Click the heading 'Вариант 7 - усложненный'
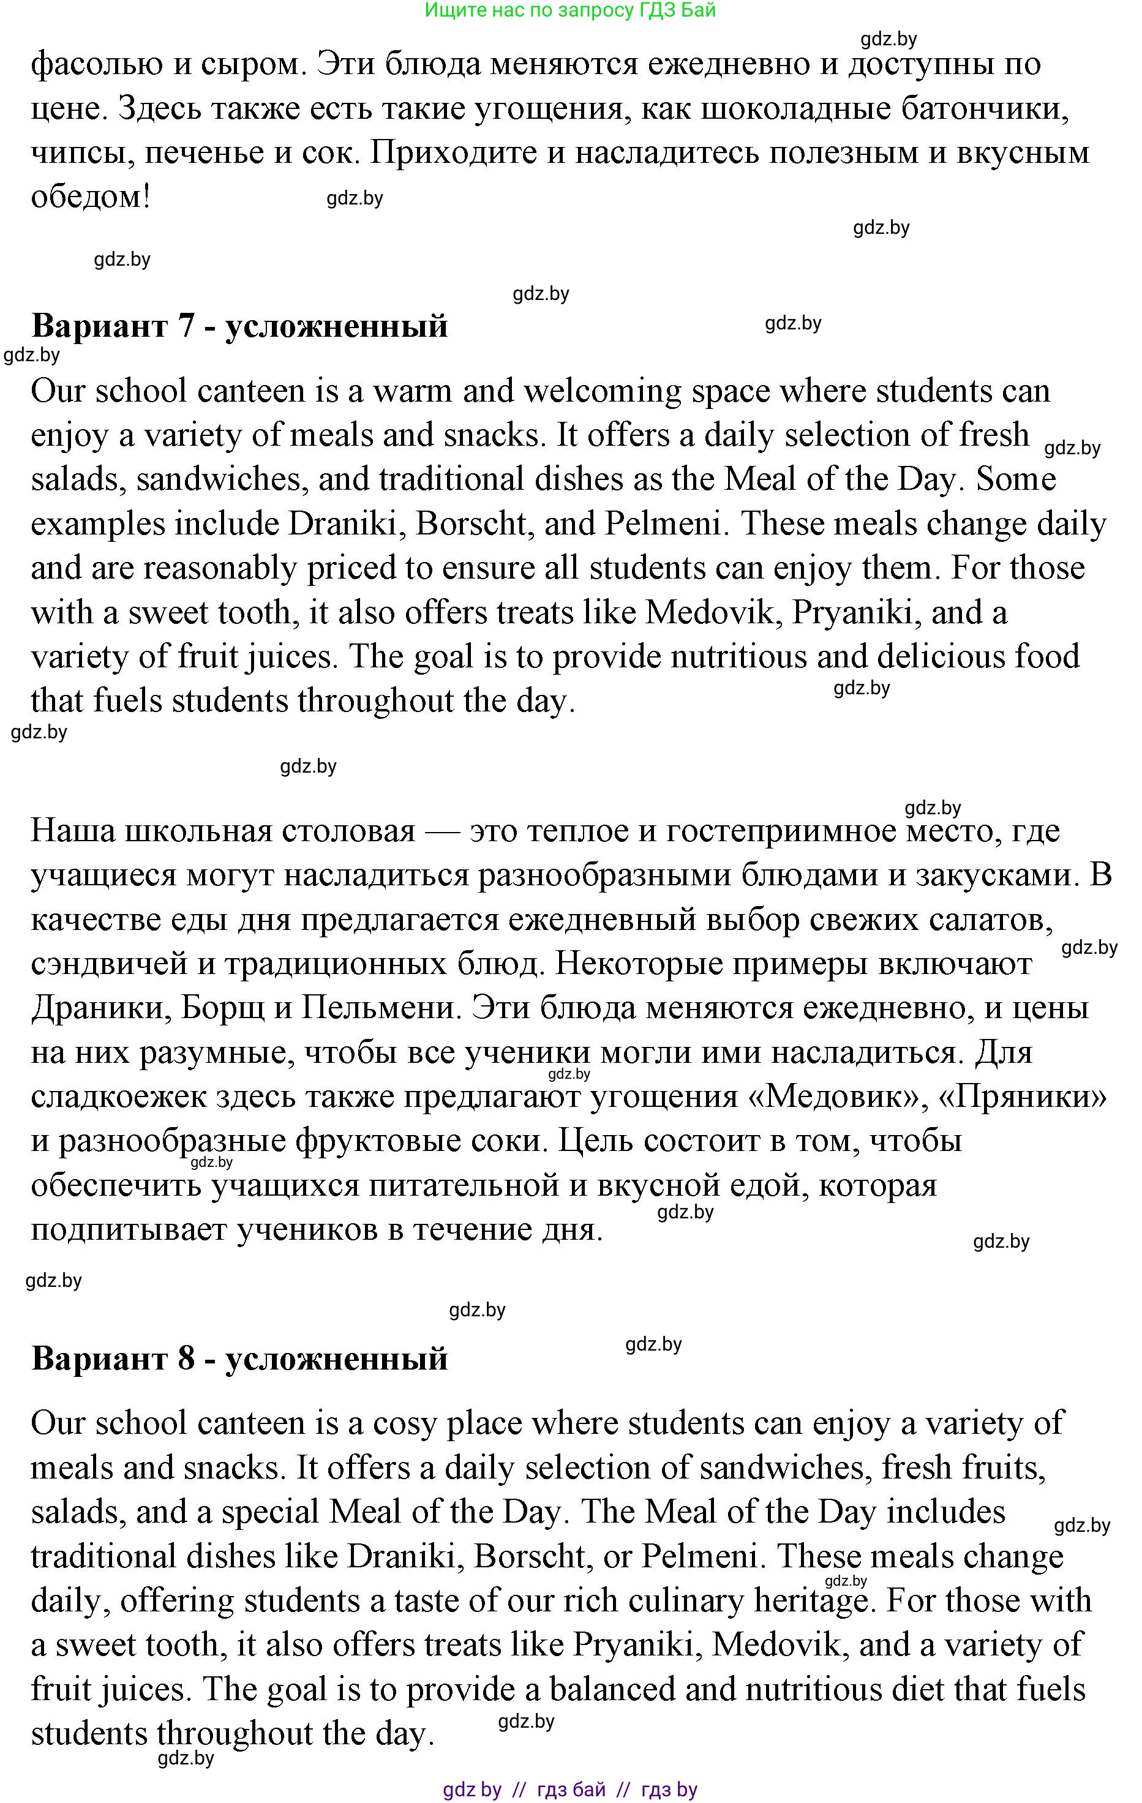(239, 326)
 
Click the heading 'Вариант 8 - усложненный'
(239, 1359)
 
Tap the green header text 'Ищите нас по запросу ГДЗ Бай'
(570, 10)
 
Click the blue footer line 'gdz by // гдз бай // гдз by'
(570, 1790)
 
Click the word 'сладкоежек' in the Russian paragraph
(118, 1097)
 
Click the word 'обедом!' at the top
(91, 197)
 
